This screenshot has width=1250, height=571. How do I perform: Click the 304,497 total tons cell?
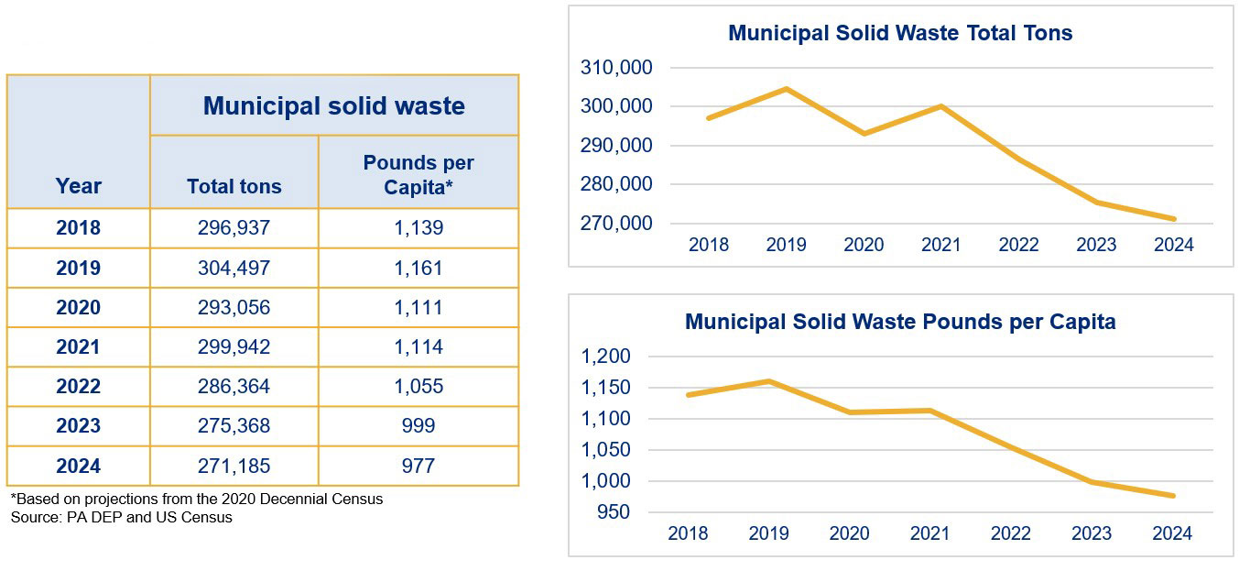point(234,269)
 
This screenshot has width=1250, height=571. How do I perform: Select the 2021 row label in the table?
point(78,347)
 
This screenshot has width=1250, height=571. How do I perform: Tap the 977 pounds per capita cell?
point(418,467)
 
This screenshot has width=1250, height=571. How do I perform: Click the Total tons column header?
point(234,186)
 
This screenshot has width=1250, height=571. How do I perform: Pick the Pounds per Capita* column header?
point(418,174)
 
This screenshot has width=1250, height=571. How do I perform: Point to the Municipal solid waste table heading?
point(333,105)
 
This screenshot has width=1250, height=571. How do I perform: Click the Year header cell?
point(78,186)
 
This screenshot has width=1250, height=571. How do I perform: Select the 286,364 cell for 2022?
point(234,387)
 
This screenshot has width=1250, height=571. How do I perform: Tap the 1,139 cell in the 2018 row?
point(418,228)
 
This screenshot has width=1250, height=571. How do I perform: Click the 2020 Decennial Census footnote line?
point(197,500)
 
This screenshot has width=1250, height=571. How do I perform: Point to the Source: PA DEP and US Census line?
point(122,517)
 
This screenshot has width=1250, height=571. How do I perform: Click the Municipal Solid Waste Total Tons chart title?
point(899,33)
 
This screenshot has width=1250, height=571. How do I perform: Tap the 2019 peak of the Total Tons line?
point(786,89)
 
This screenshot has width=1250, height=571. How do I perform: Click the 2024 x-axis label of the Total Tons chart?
point(1174,245)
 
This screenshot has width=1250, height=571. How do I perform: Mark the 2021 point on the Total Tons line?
point(940,106)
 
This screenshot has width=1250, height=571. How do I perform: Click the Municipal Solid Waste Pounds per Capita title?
point(899,323)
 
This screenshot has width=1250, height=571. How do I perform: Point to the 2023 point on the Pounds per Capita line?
point(1095,482)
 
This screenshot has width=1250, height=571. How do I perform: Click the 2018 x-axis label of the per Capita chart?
point(688,533)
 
